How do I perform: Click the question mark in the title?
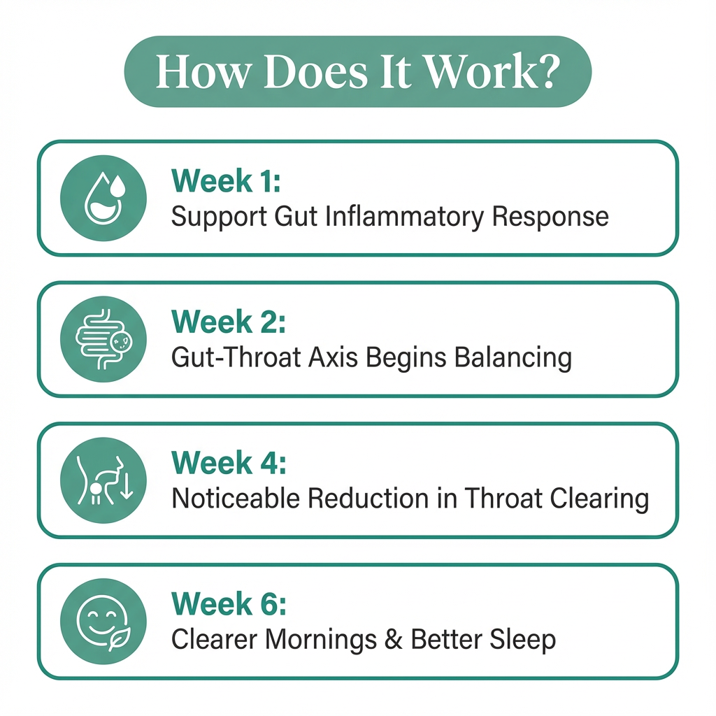[x=547, y=71]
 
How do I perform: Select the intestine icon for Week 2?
[x=103, y=339]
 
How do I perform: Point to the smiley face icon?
[x=103, y=622]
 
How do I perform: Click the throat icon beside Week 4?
[x=104, y=480]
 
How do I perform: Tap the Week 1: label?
[x=226, y=181]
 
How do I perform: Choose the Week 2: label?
[x=229, y=322]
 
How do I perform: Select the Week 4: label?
[x=229, y=463]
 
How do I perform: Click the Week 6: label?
[x=229, y=604]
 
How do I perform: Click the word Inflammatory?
[x=405, y=217]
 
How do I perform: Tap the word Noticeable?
[x=236, y=498]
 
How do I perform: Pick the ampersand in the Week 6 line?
[x=393, y=639]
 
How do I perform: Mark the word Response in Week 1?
[x=550, y=217]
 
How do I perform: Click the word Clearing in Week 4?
[x=599, y=499]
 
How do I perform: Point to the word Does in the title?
[x=315, y=71]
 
